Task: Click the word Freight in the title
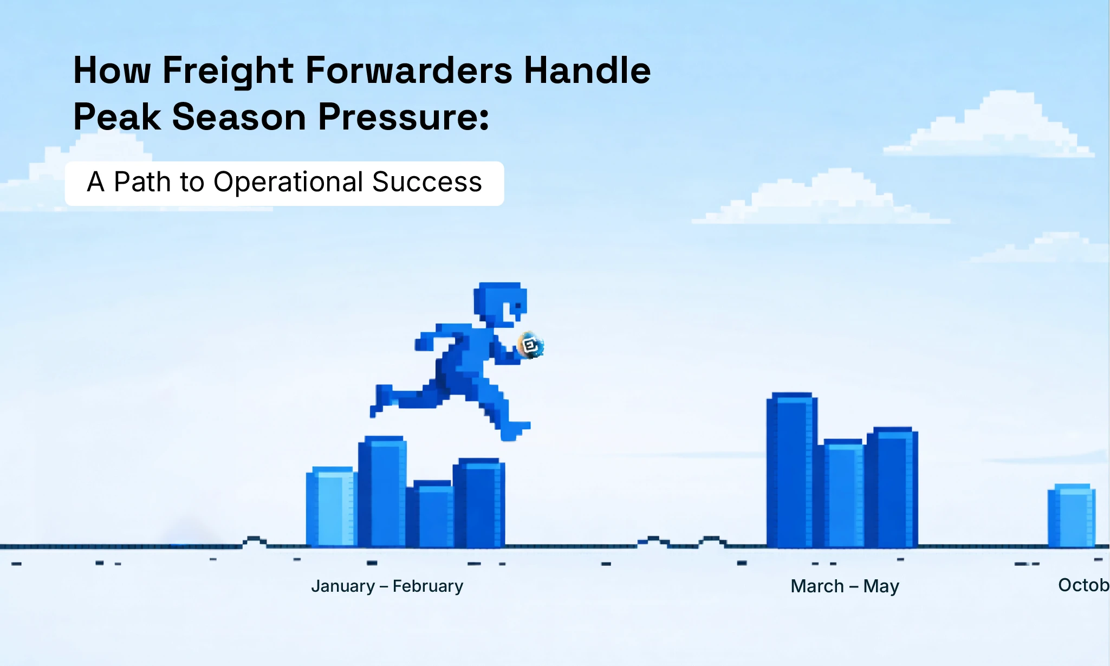tap(228, 71)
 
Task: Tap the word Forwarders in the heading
tap(408, 71)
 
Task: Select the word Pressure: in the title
tap(403, 117)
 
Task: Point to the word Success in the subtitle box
tap(427, 182)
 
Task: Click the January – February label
tap(387, 586)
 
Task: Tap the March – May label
tap(845, 586)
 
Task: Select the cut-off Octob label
tap(1083, 585)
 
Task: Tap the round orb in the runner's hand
tap(530, 345)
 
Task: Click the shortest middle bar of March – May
tap(842, 493)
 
